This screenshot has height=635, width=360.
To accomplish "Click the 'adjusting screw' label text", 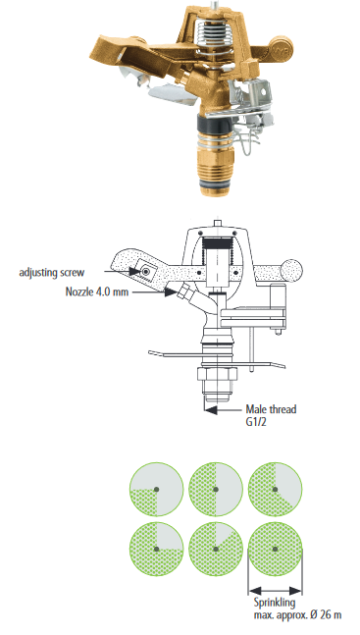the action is point(52,272).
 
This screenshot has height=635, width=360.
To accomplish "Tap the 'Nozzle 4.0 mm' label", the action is point(97,291).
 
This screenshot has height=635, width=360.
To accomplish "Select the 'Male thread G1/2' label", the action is point(271,415).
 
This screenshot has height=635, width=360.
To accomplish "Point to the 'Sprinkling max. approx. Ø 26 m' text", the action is point(297,609).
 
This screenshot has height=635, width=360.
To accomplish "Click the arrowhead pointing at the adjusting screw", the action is point(135,271).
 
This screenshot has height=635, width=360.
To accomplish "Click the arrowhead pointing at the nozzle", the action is point(171,292).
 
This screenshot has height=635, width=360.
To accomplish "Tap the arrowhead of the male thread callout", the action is point(211,409).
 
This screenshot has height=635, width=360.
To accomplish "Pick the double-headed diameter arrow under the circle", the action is point(275,591).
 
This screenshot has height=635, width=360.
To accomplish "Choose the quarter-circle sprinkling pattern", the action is point(156,489).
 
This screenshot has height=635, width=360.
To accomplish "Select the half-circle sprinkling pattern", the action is point(216,489).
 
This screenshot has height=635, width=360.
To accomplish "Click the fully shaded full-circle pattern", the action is point(275,550).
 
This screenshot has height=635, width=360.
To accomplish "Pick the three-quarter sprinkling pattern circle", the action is point(156,550).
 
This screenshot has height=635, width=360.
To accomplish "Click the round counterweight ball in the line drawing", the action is point(290,271).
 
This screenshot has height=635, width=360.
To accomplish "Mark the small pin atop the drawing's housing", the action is point(218,223).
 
